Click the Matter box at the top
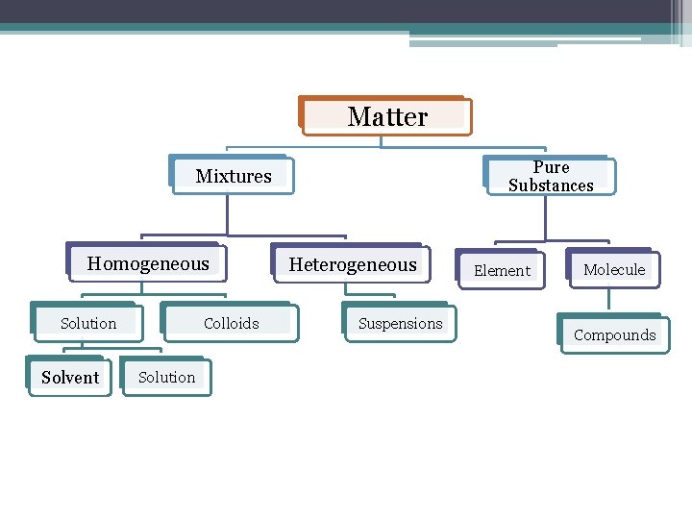386,117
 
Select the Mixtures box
234,176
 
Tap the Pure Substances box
551,176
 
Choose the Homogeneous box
148,263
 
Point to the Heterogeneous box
353,264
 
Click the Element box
502,270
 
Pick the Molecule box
614,269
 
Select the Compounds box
614,335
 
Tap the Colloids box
231,324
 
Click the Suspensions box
400,324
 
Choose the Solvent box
70,378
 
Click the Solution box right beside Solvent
166,377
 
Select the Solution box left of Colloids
88,324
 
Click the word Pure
552,167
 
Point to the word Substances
551,185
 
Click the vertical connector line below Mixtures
228,215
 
